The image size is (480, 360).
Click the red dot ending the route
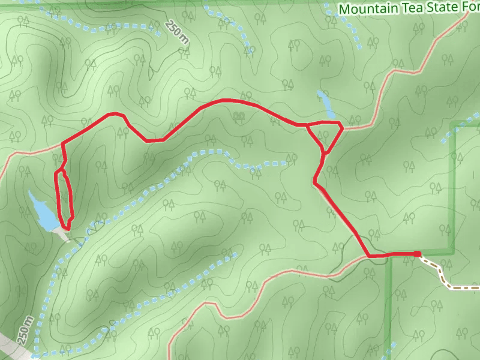click(417, 254)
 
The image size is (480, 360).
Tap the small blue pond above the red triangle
click(325, 103)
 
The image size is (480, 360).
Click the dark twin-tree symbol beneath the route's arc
click(239, 115)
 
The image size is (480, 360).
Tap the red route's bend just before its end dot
click(368, 256)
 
